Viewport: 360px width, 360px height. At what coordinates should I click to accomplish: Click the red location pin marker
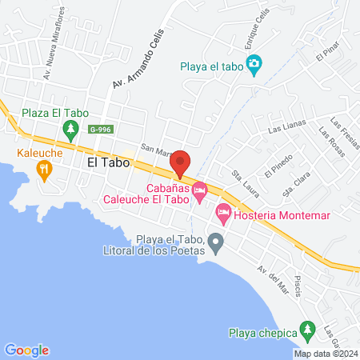point(180,162)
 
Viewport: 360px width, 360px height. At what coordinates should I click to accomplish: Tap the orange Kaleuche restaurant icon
point(43,168)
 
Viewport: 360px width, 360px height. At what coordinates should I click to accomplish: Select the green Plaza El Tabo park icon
point(71,129)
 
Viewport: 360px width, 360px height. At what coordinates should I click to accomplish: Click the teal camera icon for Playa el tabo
point(254,64)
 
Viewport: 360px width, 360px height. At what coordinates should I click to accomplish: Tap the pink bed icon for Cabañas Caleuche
point(199,190)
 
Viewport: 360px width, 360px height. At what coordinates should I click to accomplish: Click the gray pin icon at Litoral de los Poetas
point(215,241)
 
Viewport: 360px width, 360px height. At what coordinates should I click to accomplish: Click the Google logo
point(26,350)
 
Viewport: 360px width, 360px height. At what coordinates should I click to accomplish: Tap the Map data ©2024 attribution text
point(325,354)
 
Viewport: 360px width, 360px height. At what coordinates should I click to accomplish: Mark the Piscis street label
point(298,281)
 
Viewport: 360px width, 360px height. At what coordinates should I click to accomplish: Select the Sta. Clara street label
point(296,185)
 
